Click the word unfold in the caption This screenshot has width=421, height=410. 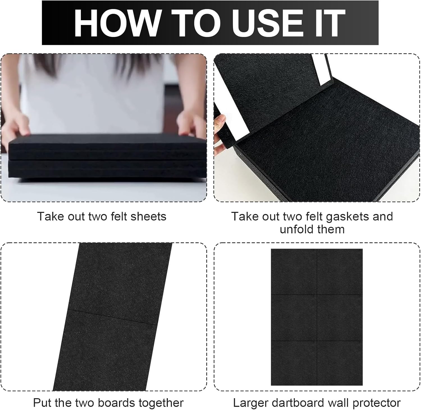297,229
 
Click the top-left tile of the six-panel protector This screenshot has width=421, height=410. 294,272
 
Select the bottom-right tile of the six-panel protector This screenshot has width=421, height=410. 340,363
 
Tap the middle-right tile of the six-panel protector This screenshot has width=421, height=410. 340,318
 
